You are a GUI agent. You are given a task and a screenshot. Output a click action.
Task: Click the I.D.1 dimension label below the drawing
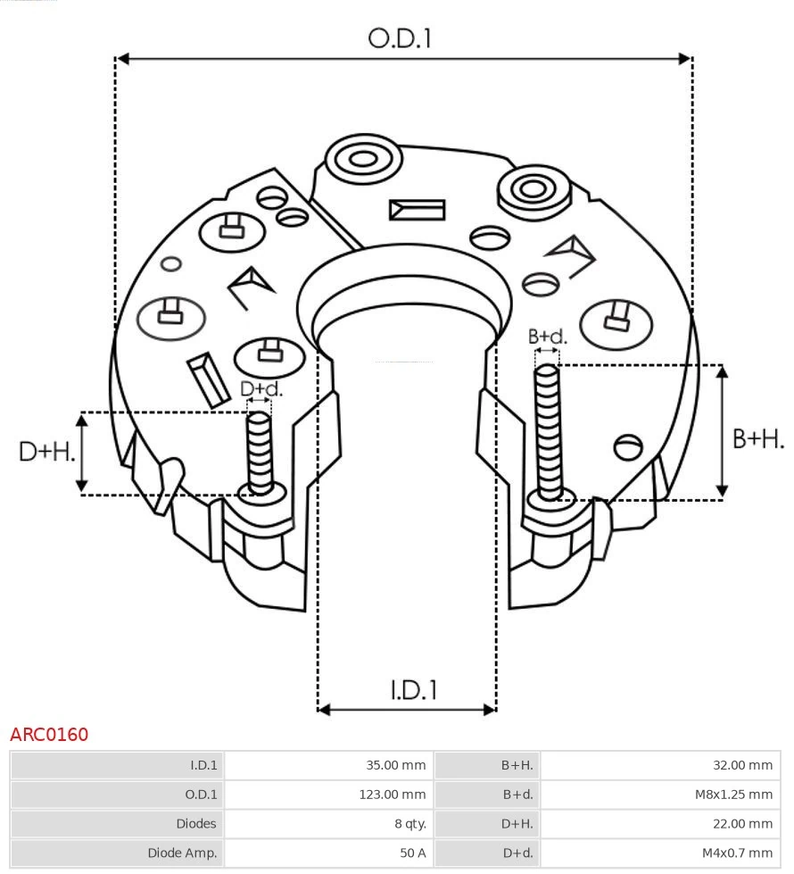pos(413,690)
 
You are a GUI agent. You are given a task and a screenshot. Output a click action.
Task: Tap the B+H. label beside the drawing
pos(758,438)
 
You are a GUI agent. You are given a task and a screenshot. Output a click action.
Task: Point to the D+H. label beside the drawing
pos(46,452)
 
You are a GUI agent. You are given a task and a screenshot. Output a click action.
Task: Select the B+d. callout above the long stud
pos(547,337)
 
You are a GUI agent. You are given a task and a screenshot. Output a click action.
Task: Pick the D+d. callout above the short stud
pos(261,389)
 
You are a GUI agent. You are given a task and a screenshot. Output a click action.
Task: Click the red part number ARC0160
pos(49,735)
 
